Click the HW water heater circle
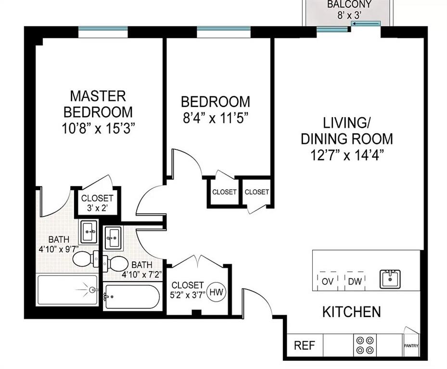pyautogui.click(x=216, y=292)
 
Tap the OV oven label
pyautogui.click(x=328, y=281)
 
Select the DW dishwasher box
pyautogui.click(x=355, y=281)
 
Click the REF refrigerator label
pyautogui.click(x=305, y=345)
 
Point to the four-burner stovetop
pyautogui.click(x=365, y=345)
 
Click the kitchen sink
pyautogui.click(x=390, y=279)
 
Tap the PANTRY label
pyautogui.click(x=411, y=345)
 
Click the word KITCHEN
pyautogui.click(x=352, y=312)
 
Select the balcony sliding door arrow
pyautogui.click(x=366, y=24)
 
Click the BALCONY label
pyautogui.click(x=349, y=4)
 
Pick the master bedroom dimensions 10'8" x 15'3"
pyautogui.click(x=98, y=128)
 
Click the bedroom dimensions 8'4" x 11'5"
pyautogui.click(x=215, y=118)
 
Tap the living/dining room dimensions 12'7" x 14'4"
pyautogui.click(x=346, y=155)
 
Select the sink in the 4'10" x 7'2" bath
pyautogui.click(x=113, y=237)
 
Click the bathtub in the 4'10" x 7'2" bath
pyautogui.click(x=131, y=296)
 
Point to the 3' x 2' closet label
pyautogui.click(x=97, y=208)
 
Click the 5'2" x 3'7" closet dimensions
pyautogui.click(x=188, y=295)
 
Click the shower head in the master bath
pyautogui.click(x=92, y=290)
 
